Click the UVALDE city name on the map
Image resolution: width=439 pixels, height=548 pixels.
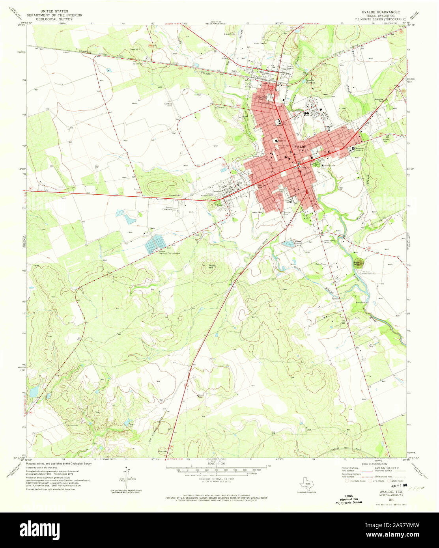tap(299, 146)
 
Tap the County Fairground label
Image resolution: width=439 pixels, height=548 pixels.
tap(169, 208)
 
